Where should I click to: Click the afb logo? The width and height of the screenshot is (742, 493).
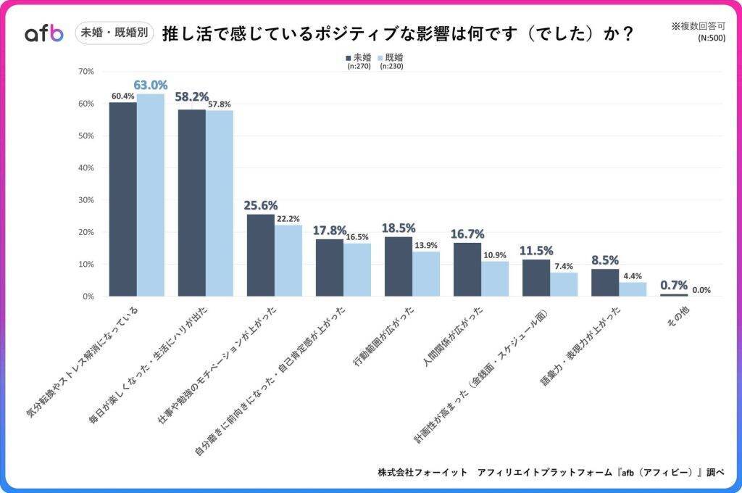(x=44, y=33)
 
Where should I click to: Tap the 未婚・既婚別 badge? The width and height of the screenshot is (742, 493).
(x=114, y=33)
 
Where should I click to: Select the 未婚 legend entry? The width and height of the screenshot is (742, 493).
(x=359, y=57)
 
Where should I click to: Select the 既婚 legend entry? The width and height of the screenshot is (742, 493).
(x=391, y=57)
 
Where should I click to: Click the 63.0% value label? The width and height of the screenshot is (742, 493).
(x=150, y=85)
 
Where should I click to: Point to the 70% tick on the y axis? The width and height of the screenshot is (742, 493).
(x=86, y=71)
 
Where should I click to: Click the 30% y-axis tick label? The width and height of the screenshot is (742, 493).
(x=86, y=200)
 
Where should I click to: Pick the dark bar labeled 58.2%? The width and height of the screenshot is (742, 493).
(x=192, y=203)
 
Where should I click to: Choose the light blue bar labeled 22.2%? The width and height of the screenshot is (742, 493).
(x=288, y=260)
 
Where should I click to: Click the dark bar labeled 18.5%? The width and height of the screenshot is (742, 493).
(x=399, y=266)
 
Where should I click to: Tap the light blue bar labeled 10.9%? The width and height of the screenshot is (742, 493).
(x=495, y=278)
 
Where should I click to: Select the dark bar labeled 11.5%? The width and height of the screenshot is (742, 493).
(x=536, y=278)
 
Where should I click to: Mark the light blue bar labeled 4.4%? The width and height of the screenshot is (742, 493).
(x=633, y=289)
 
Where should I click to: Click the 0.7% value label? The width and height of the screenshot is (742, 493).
(x=674, y=286)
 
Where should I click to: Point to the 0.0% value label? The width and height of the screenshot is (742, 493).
(x=701, y=290)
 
